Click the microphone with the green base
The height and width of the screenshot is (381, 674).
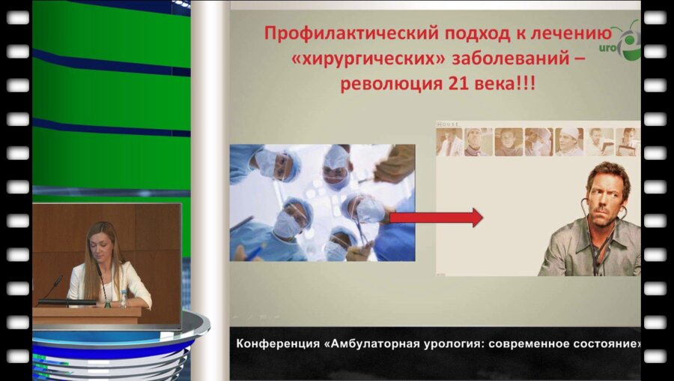point(52,289)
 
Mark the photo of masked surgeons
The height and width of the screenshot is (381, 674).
point(322,202)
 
